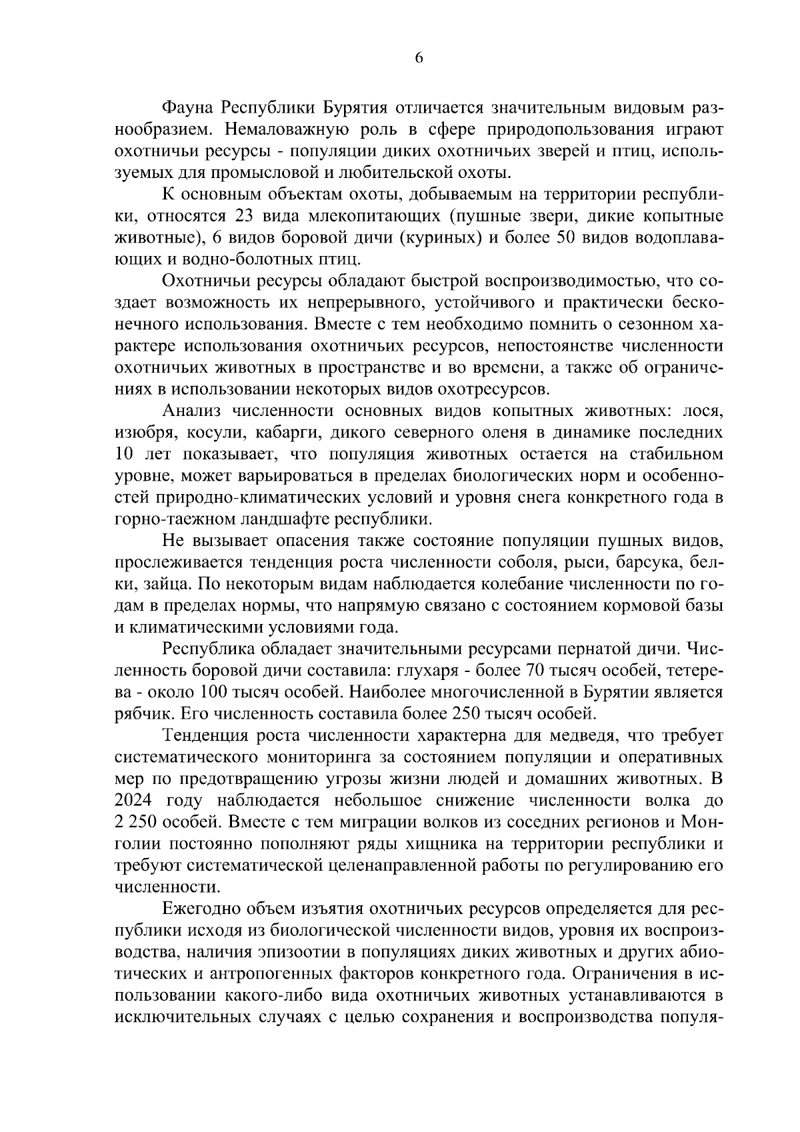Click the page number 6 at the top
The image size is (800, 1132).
point(419,59)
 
